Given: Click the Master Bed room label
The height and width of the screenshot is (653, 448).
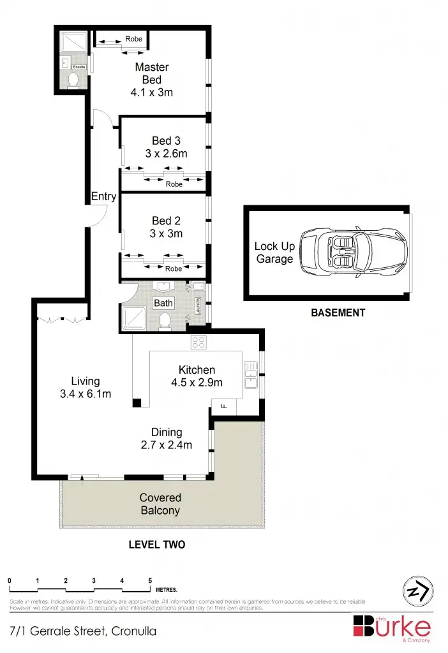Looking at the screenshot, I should (x=151, y=73).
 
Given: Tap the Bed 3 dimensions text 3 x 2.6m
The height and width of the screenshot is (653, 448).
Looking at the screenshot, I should (x=166, y=153).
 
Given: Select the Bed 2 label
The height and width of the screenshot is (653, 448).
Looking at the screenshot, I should (x=166, y=221).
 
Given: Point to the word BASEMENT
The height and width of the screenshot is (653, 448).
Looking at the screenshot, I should (x=338, y=313).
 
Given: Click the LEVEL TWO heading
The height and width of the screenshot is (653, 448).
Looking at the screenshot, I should (x=156, y=545).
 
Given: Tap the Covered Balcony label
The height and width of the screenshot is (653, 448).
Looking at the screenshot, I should (x=161, y=504).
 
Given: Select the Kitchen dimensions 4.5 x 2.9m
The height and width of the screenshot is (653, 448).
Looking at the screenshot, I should (x=197, y=383).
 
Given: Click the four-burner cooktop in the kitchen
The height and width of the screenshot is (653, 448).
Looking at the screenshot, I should (x=198, y=342).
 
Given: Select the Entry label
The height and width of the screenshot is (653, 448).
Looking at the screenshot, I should (x=103, y=196).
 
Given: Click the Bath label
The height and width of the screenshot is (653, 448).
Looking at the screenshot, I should (x=163, y=303).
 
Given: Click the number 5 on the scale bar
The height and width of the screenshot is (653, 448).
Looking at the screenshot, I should (x=150, y=581).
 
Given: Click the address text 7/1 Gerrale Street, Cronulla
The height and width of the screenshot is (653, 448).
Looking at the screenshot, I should (x=83, y=632).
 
